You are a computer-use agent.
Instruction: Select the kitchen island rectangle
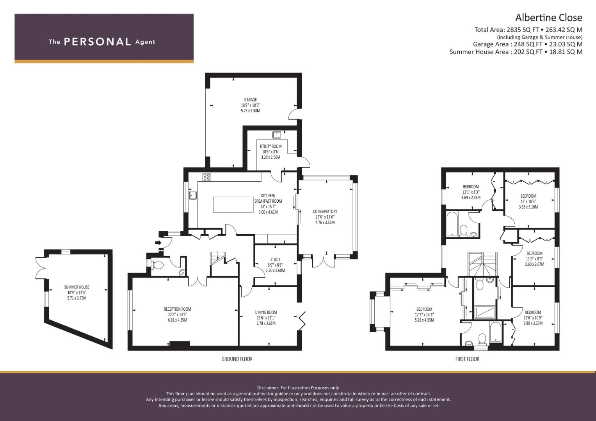(x=233, y=205)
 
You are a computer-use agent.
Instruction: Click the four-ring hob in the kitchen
(x=206, y=177)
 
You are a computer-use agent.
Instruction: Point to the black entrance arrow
(x=158, y=242)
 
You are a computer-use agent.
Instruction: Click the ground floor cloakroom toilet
(x=158, y=265)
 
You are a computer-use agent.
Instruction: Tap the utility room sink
(x=277, y=135)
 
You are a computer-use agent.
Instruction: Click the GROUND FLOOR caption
(x=237, y=359)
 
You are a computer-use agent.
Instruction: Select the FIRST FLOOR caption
(x=467, y=359)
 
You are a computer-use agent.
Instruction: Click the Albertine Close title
(x=548, y=18)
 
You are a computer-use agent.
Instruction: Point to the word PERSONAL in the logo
(x=97, y=42)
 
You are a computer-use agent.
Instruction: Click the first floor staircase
(x=483, y=263)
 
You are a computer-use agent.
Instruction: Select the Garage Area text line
(x=527, y=44)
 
